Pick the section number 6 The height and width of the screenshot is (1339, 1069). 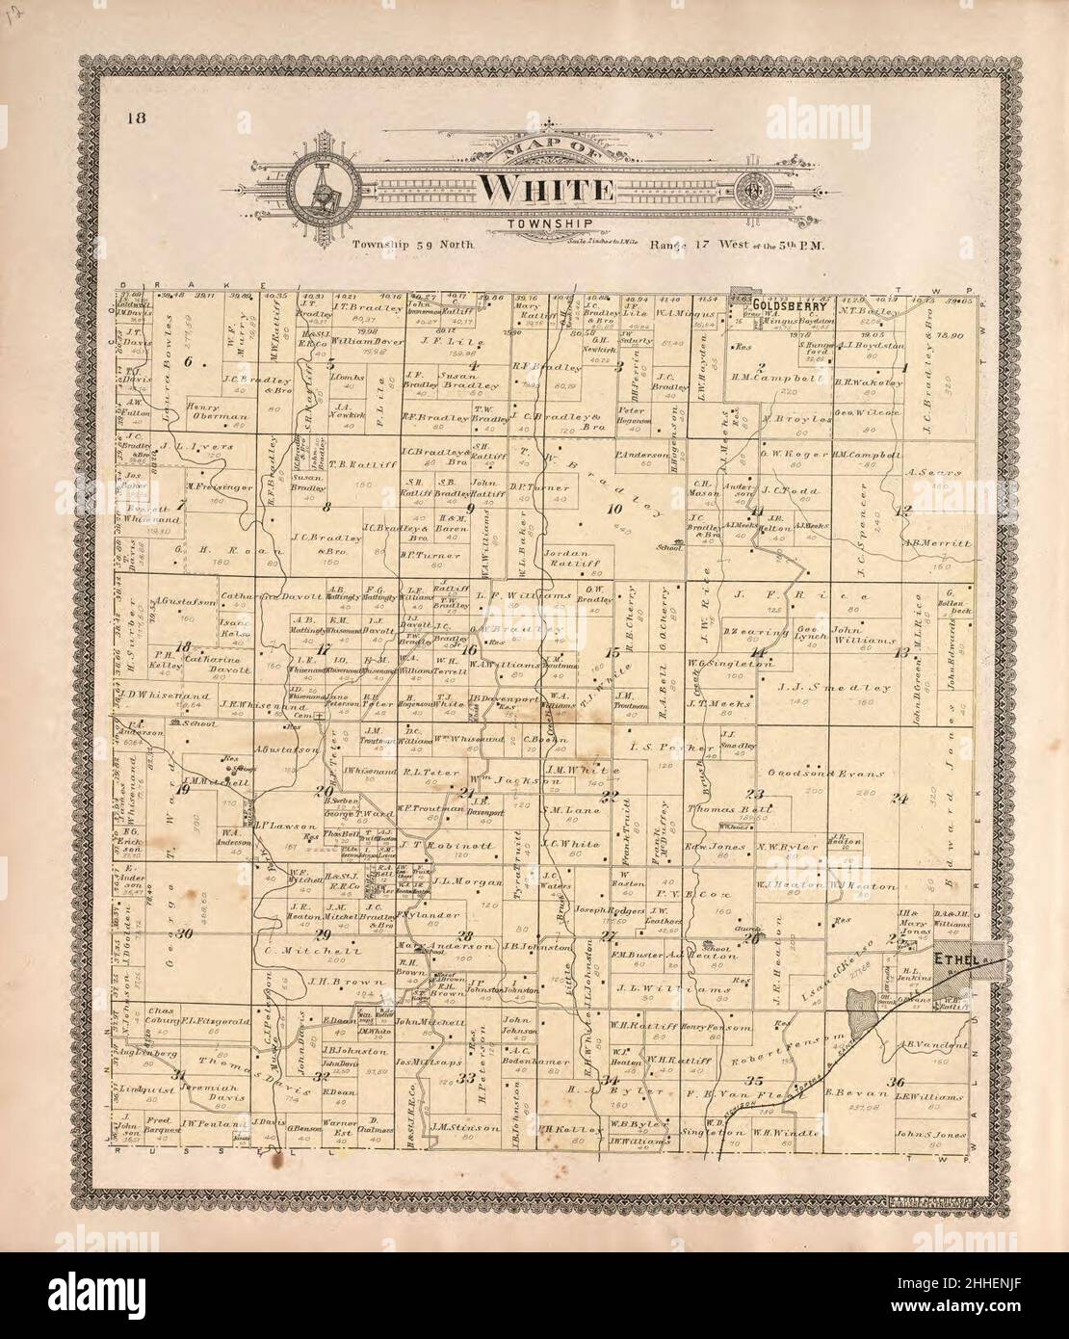pos(203,363)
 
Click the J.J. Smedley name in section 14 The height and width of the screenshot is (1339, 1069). pos(821,688)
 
